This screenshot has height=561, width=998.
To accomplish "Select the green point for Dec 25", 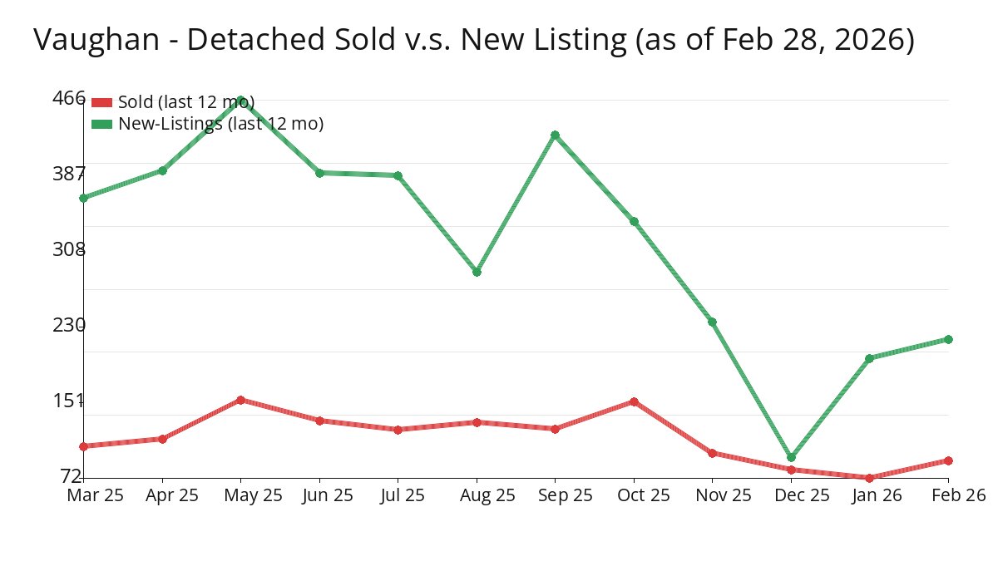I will pos(791,457).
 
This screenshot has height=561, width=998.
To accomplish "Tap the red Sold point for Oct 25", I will pos(634,401).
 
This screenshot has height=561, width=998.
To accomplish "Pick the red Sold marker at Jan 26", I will pos(869,478).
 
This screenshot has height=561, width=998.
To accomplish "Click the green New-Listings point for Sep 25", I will pos(555,135).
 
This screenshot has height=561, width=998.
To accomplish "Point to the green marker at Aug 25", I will pos(477,272).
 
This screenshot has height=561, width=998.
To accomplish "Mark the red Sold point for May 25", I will pos(240,400).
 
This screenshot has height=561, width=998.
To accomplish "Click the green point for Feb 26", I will pos(948,339).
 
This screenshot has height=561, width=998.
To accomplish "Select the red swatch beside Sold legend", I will pos(101,102).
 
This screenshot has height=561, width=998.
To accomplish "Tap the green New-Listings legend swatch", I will pos(101,124).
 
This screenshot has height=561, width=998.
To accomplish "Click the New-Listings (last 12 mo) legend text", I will pos(220,124).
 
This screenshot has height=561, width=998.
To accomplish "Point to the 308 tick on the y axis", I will pos(69,249).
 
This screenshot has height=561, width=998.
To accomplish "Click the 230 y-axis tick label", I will pos(69,325).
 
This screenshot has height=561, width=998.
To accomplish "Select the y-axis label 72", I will pos(72,475).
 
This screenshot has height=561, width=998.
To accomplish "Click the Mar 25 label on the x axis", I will pos(95,495).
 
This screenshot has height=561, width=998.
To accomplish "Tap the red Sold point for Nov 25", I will pos(712,453).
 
